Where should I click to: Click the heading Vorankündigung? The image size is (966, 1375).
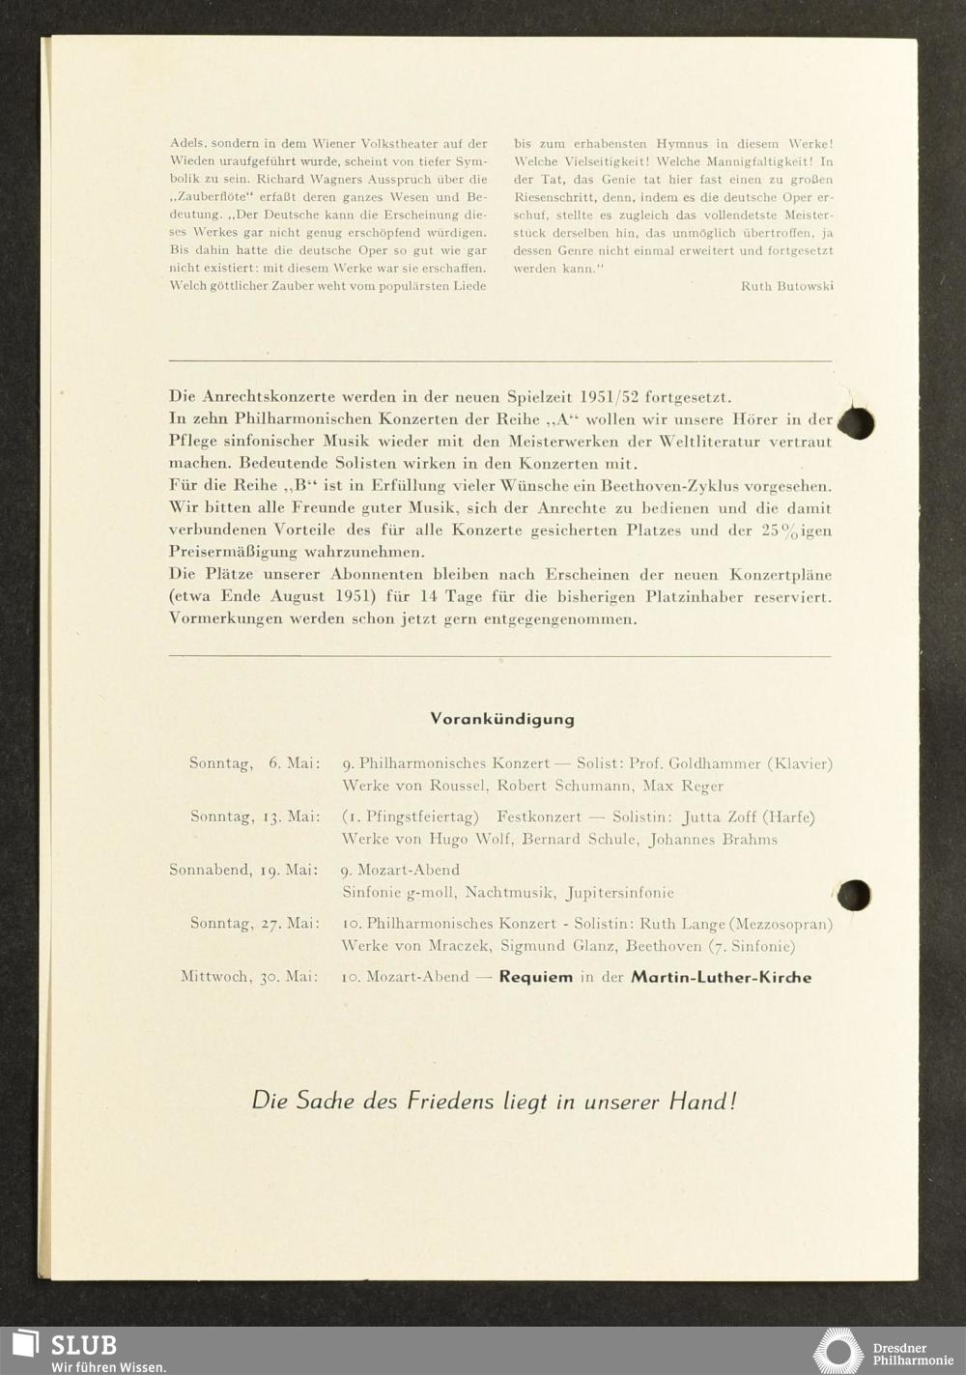pyautogui.click(x=501, y=719)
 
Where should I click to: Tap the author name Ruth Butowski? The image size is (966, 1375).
pyautogui.click(x=786, y=286)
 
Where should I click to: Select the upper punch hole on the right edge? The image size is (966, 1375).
pyautogui.click(x=856, y=423)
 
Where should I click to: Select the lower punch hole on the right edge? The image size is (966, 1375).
pyautogui.click(x=854, y=895)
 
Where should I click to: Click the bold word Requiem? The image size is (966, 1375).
pyautogui.click(x=535, y=977)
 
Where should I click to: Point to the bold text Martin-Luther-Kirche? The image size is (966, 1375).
pyautogui.click(x=721, y=977)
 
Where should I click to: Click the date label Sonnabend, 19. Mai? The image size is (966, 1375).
pyautogui.click(x=243, y=870)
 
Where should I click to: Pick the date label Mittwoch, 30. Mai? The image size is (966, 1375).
pyautogui.click(x=249, y=977)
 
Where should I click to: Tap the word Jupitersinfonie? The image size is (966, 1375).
pyautogui.click(x=620, y=893)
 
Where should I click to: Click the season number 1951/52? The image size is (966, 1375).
pyautogui.click(x=611, y=397)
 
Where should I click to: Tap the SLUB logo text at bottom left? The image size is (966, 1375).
pyautogui.click(x=83, y=1345)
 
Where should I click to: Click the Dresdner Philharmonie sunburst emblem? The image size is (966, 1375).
pyautogui.click(x=838, y=1350)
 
